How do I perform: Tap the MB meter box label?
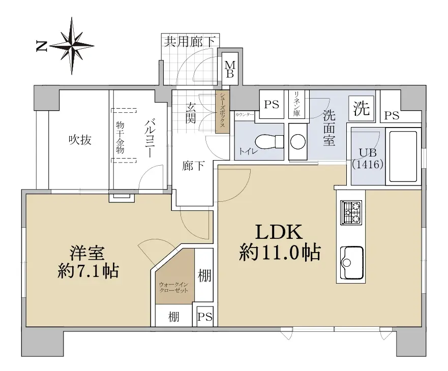[x=230, y=69]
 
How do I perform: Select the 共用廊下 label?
[x=190, y=42]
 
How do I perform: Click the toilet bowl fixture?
[x=269, y=141]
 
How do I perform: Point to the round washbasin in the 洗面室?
[x=298, y=141]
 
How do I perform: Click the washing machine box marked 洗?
[x=362, y=108]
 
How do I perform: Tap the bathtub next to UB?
[x=403, y=156]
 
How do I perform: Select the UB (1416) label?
[x=368, y=159]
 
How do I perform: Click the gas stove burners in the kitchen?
[x=351, y=212]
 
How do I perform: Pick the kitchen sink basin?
[x=351, y=263]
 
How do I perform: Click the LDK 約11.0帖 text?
[x=280, y=242]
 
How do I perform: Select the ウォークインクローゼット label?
[x=174, y=287]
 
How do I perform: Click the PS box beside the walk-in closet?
[x=205, y=317]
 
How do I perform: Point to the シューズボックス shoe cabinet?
[x=222, y=112]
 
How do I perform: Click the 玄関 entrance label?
[x=191, y=113]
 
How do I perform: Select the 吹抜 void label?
[x=80, y=140]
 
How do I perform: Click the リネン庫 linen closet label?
[x=297, y=104]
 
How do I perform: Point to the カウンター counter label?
[x=244, y=114]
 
